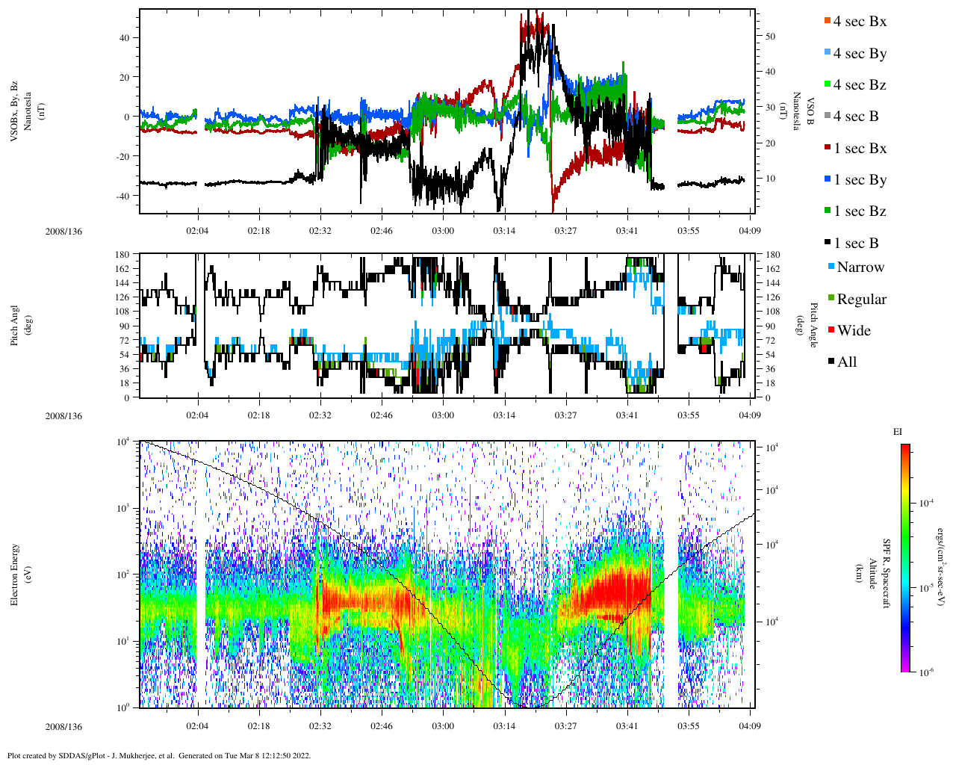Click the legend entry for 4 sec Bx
[859, 22]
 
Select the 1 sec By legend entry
[859, 180]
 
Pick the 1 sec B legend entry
[856, 244]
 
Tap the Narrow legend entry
[860, 267]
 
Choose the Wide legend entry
[853, 331]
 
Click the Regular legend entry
[860, 300]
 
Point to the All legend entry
[846, 362]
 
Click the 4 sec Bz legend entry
[859, 85]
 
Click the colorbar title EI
[898, 432]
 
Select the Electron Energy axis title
[15, 574]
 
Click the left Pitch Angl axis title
[15, 326]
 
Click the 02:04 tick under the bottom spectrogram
[197, 726]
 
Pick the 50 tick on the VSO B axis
[770, 37]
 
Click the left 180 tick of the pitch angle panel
[122, 255]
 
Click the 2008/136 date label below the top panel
[63, 232]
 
